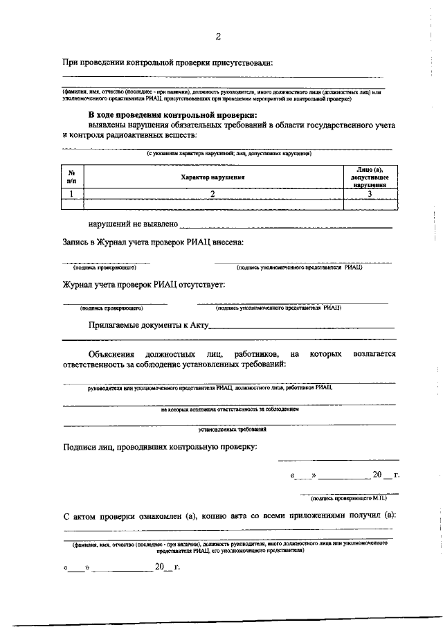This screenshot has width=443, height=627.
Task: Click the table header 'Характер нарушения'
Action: point(214,177)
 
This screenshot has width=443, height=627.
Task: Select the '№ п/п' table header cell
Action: point(72,177)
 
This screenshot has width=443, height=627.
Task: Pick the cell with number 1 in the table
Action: point(72,194)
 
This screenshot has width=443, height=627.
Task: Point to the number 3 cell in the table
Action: point(370,194)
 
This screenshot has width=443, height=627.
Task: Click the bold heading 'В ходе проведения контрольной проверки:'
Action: point(172,115)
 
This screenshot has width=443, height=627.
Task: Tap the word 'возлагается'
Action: point(374,354)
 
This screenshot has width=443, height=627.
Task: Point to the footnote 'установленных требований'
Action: point(228,430)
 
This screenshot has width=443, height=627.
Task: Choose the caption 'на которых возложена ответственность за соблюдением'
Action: point(229,409)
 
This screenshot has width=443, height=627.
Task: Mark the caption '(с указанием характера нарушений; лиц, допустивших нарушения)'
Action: point(228,153)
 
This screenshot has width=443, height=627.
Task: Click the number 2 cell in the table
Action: point(214,194)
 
